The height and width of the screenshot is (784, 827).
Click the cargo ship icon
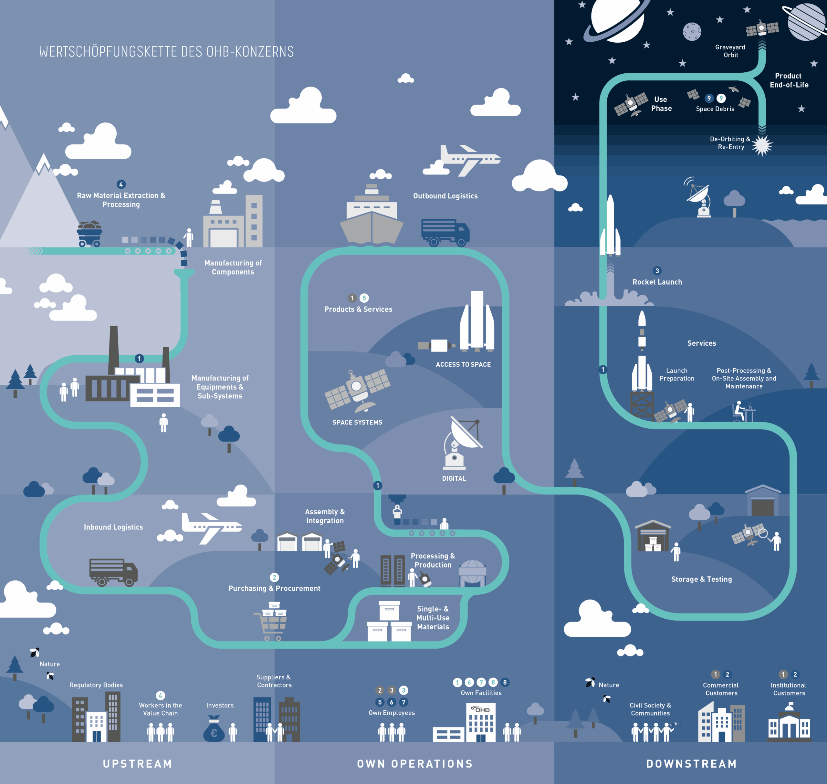click(372, 217)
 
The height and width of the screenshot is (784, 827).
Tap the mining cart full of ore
click(89, 234)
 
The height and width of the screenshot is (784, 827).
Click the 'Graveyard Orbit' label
click(730, 51)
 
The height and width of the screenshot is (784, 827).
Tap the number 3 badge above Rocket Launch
click(657, 271)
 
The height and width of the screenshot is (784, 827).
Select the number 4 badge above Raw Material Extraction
click(121, 184)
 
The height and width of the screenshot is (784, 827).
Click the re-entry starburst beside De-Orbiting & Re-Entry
click(762, 145)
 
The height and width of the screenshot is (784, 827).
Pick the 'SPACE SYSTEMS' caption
click(357, 423)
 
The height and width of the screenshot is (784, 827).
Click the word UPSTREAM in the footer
click(138, 764)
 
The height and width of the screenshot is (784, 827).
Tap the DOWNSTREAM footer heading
click(692, 764)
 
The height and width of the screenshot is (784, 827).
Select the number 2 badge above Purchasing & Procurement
click(274, 578)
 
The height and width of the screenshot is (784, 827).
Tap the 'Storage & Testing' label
click(701, 579)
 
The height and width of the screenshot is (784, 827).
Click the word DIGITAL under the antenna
click(454, 478)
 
